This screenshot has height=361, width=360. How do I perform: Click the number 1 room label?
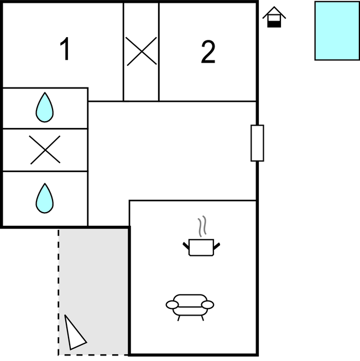click(x=65, y=50)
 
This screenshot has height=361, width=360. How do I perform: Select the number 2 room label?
click(x=207, y=53)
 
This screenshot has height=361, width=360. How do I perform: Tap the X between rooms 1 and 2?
click(x=141, y=51)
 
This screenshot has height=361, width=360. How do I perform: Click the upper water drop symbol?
click(x=45, y=107)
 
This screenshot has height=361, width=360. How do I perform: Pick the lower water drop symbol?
click(x=45, y=198)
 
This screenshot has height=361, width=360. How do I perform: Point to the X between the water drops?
click(x=45, y=150)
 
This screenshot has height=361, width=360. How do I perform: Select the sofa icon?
click(x=190, y=305)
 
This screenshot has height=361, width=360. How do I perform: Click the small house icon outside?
click(x=274, y=17)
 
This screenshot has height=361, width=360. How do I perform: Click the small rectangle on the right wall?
click(x=257, y=143)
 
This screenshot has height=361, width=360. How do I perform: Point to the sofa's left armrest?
click(x=173, y=304)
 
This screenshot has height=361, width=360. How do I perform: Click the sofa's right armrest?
click(x=207, y=304)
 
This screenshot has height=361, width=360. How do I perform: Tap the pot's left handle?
click(x=186, y=245)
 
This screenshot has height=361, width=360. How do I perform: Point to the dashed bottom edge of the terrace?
click(x=94, y=354)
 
